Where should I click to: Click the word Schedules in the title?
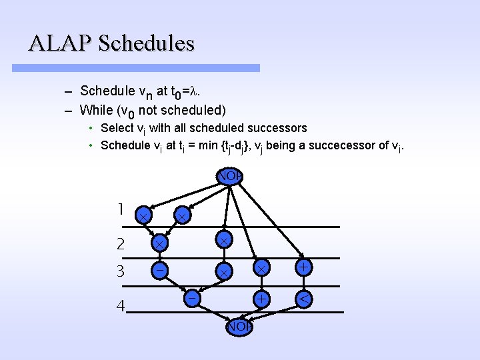tap(146, 43)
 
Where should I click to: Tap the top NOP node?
tap(229, 177)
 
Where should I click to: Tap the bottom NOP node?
tap(238, 327)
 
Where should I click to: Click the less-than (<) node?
tap(303, 300)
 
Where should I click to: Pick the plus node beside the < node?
tap(263, 300)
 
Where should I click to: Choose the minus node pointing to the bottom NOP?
tap(191, 299)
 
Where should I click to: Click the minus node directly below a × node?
tap(160, 270)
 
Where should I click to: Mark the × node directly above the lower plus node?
tap(263, 267)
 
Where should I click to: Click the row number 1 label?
tap(120, 209)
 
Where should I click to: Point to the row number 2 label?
tap(120, 244)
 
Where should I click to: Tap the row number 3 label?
tap(120, 271)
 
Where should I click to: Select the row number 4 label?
tap(120, 307)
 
